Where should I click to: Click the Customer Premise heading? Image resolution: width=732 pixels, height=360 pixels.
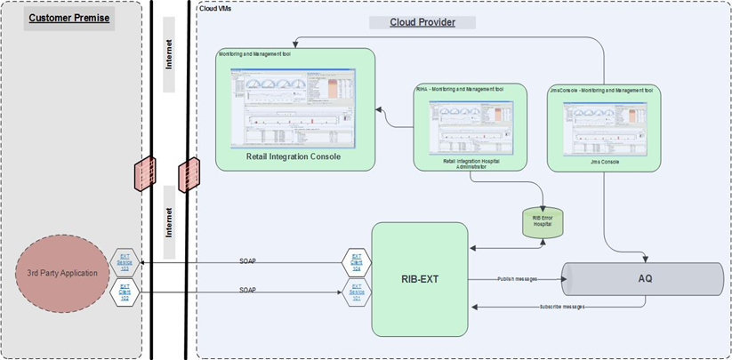68,17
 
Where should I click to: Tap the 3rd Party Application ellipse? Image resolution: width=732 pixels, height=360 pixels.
61,274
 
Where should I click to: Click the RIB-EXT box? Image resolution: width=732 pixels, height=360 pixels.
419,278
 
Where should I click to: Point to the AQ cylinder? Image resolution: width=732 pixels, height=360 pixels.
645,278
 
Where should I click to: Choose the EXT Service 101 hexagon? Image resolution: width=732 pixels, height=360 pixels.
356,291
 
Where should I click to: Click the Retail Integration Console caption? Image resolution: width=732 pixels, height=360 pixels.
293,156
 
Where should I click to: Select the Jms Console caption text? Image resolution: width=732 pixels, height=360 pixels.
603,162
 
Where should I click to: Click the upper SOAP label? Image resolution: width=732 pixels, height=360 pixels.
250,261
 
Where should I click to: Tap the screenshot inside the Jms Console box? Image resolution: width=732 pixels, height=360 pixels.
603,124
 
